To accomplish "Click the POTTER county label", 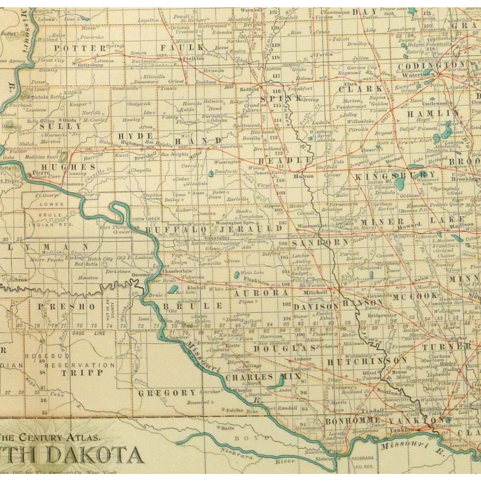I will (80, 48).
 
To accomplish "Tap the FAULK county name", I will (182, 48).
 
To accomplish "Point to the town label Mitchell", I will (315, 292).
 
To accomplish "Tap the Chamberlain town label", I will (177, 271).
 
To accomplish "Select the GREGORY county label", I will (167, 393).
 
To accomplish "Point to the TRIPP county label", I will (82, 373).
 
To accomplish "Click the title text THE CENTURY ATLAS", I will (50, 437).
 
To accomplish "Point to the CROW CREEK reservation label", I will (146, 219).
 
